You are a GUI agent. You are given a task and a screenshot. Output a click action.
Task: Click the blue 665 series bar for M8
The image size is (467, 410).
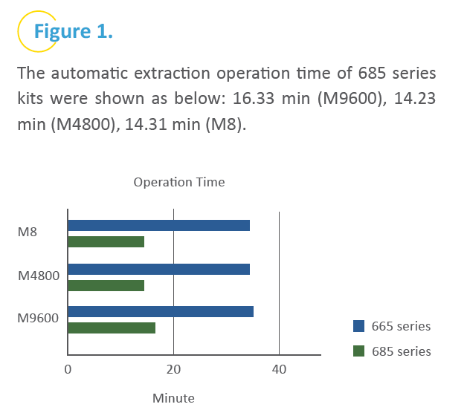(x=159, y=226)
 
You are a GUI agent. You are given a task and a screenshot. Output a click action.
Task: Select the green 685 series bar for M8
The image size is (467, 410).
(x=106, y=241)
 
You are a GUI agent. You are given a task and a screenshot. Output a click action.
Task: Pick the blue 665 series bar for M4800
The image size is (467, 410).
(x=159, y=270)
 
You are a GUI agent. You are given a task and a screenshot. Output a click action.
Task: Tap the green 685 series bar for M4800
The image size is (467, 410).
(x=106, y=285)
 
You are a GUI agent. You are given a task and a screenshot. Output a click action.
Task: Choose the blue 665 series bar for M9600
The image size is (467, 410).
(x=161, y=311)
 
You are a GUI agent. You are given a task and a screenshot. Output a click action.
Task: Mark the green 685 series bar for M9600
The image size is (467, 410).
(x=112, y=328)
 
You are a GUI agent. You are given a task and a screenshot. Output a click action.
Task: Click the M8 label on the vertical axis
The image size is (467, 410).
(x=28, y=232)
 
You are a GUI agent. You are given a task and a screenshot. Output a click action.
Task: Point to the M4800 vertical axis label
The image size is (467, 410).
(x=39, y=276)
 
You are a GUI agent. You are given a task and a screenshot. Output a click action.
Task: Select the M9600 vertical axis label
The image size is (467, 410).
(x=38, y=318)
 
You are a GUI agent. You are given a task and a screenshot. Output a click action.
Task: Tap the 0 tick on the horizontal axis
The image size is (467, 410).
(x=68, y=370)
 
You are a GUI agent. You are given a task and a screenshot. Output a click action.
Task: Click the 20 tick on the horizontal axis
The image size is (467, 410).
(x=173, y=370)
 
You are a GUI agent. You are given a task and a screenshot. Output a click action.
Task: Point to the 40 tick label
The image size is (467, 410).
(x=279, y=370)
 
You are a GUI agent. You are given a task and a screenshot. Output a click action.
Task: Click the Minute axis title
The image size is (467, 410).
(x=173, y=398)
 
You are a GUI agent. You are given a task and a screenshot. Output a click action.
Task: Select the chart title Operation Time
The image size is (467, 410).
(x=179, y=182)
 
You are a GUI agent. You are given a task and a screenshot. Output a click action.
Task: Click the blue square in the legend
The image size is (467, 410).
(x=358, y=326)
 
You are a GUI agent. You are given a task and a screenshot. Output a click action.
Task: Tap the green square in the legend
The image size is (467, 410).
(x=358, y=351)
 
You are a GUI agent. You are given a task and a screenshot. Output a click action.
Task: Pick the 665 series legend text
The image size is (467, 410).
(x=401, y=326)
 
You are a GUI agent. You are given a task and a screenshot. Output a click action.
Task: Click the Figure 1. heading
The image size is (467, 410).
(x=74, y=31)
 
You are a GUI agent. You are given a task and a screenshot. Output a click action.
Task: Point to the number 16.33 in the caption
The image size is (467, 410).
(x=253, y=99)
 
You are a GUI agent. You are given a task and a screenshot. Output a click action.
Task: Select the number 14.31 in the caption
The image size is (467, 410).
(x=145, y=124)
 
